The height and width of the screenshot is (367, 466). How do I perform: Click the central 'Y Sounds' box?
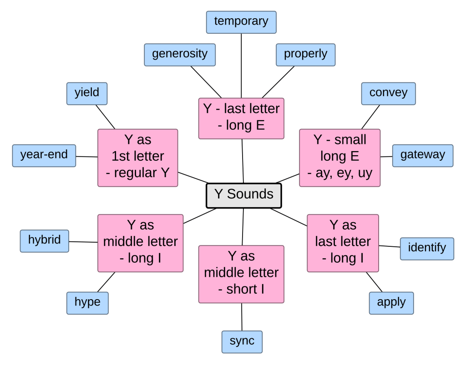[x=244, y=195]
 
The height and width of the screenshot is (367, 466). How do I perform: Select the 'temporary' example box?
[x=241, y=22]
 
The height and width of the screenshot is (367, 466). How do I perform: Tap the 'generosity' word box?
[x=180, y=55]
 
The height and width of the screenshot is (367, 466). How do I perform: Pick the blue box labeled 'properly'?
[x=305, y=55]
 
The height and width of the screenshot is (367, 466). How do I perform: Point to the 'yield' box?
[x=87, y=93]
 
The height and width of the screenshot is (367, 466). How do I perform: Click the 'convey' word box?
[x=388, y=93]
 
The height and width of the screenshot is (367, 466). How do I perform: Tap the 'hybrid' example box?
[x=45, y=241]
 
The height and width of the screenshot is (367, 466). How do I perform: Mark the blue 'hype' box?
[x=87, y=303]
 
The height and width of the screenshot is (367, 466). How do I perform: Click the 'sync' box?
[x=242, y=342]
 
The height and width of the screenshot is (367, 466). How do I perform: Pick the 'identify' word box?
[x=427, y=249]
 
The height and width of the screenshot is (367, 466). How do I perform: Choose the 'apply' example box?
[x=391, y=303]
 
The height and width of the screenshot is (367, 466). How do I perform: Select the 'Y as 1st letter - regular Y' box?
[x=138, y=158]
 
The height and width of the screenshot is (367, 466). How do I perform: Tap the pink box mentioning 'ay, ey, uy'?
[x=339, y=158]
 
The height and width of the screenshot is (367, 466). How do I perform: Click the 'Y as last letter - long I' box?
[x=343, y=243]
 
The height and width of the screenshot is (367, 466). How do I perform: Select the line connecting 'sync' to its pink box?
[x=242, y=317]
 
